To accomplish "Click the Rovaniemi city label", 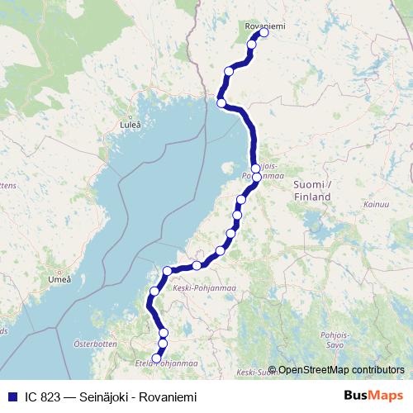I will (265, 26).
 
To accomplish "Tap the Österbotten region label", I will (90, 342).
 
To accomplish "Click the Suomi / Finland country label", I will (312, 191).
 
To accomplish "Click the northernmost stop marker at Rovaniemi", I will (264, 33).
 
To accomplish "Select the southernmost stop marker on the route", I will (156, 358).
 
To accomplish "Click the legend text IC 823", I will (40, 397).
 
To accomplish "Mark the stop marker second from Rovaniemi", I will (251, 45).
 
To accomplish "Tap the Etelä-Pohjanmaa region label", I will (165, 363).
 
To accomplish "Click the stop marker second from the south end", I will (163, 343).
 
